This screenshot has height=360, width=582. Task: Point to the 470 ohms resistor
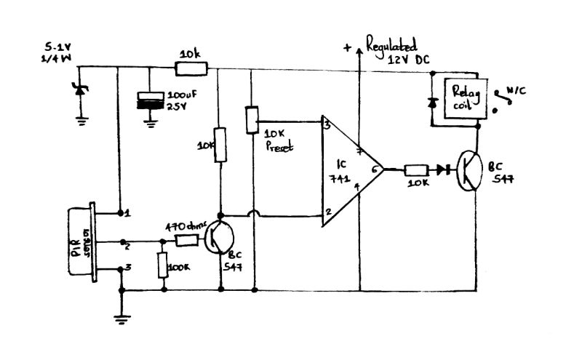tap(182, 241)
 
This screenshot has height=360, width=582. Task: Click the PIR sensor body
tap(81, 241)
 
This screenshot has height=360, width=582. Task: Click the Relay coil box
tap(461, 97)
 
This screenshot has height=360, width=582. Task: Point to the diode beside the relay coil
tap(431, 103)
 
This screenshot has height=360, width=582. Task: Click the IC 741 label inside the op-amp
tap(340, 170)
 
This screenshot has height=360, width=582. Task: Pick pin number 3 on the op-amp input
tap(328, 126)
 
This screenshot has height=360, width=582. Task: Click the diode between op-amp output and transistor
tap(442, 170)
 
